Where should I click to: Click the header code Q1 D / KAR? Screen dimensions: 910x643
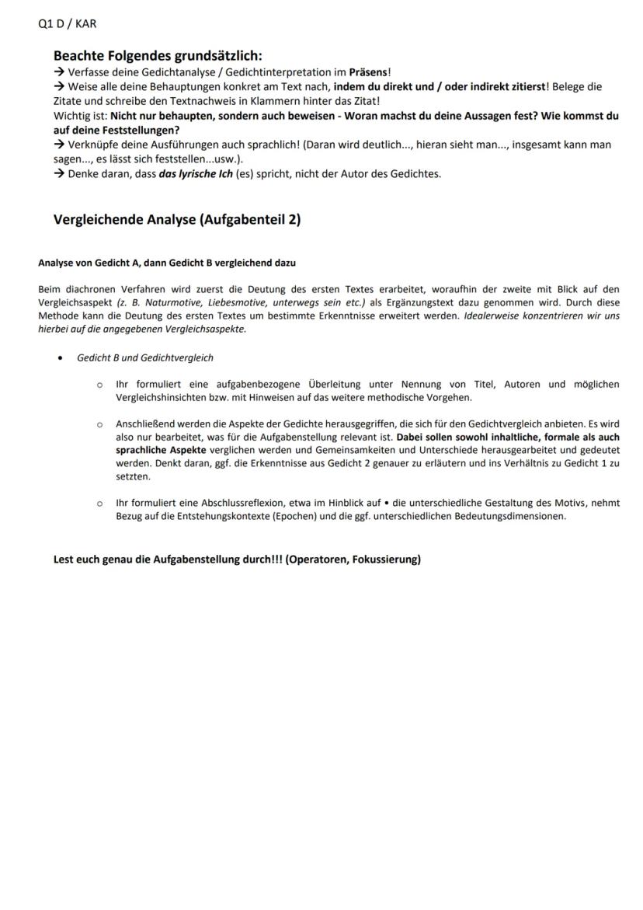click(x=68, y=24)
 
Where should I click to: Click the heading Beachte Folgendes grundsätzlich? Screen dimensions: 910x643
click(x=158, y=56)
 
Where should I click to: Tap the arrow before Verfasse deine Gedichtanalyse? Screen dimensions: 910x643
click(x=59, y=71)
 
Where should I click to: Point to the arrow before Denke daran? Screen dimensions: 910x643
click(x=59, y=173)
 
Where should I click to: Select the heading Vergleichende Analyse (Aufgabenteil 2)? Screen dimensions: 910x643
click(x=177, y=219)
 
